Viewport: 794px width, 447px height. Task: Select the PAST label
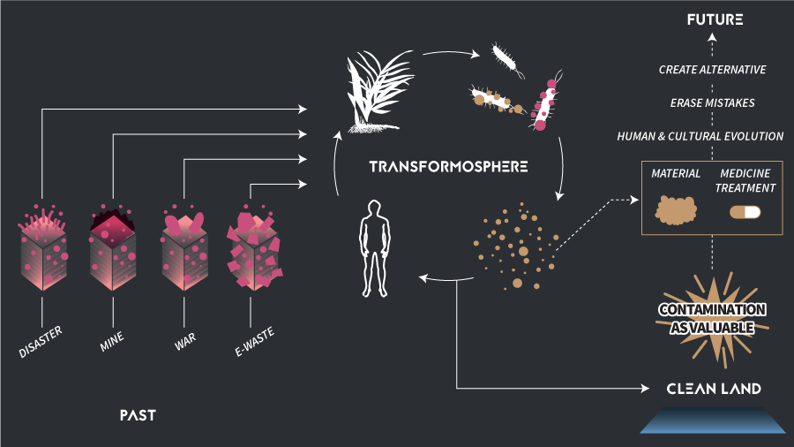pos(137,413)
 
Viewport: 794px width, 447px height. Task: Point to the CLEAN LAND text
pos(714,389)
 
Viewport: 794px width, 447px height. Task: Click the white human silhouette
pos(375,248)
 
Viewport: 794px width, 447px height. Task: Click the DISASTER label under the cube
pos(40,340)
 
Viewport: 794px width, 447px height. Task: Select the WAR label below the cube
pos(184,338)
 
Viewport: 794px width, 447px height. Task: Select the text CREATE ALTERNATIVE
pos(712,70)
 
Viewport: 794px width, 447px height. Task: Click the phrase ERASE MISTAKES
pos(712,103)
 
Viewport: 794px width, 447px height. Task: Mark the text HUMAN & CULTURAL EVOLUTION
pos(712,137)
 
